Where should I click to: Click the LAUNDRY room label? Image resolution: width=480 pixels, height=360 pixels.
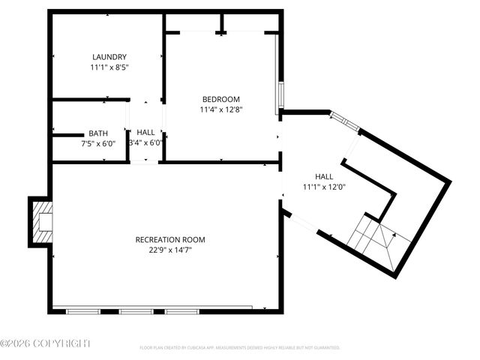point(109,57)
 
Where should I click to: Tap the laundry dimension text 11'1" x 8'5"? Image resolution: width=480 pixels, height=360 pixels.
point(109,67)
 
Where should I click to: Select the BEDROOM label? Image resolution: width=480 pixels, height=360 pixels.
point(220,100)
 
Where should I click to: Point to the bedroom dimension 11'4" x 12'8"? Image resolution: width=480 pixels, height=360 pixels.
point(220,109)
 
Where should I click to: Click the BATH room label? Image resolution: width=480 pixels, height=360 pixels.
point(97,133)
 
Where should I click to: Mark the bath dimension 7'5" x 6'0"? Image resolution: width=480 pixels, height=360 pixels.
point(97,142)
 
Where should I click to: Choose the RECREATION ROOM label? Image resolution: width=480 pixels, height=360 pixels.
point(169,240)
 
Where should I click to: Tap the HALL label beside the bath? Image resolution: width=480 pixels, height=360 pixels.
point(145,133)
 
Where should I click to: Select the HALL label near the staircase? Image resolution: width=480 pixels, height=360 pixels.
point(324,176)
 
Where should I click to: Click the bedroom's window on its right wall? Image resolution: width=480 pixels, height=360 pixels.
point(280,94)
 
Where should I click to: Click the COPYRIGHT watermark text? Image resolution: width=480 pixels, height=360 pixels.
point(45,343)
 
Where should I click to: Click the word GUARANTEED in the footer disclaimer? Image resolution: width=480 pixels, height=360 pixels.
point(324,348)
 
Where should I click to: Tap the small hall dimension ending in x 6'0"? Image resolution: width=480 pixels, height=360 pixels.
point(145,142)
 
